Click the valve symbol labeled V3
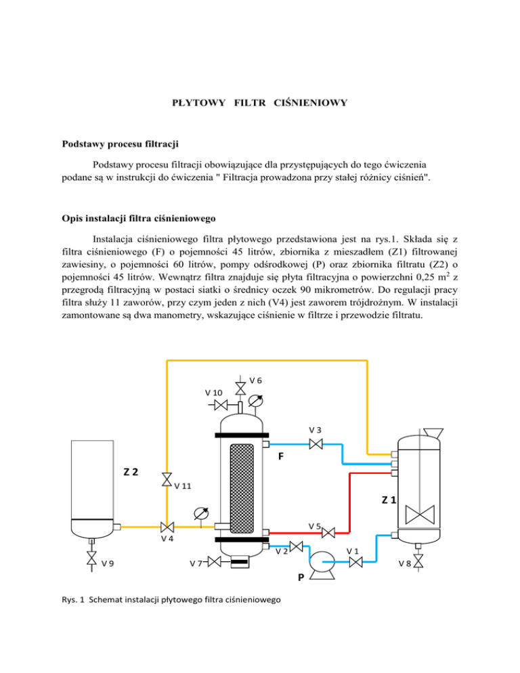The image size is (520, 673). click(x=315, y=445)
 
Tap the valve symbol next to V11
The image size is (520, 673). click(x=167, y=479)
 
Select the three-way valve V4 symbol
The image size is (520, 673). click(x=167, y=527)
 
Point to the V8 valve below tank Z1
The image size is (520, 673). click(x=418, y=561)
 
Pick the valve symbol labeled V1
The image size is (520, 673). click(x=352, y=561)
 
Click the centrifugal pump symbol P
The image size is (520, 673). click(x=319, y=561)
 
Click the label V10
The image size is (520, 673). click(x=214, y=393)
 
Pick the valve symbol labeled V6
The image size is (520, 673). click(x=240, y=388)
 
